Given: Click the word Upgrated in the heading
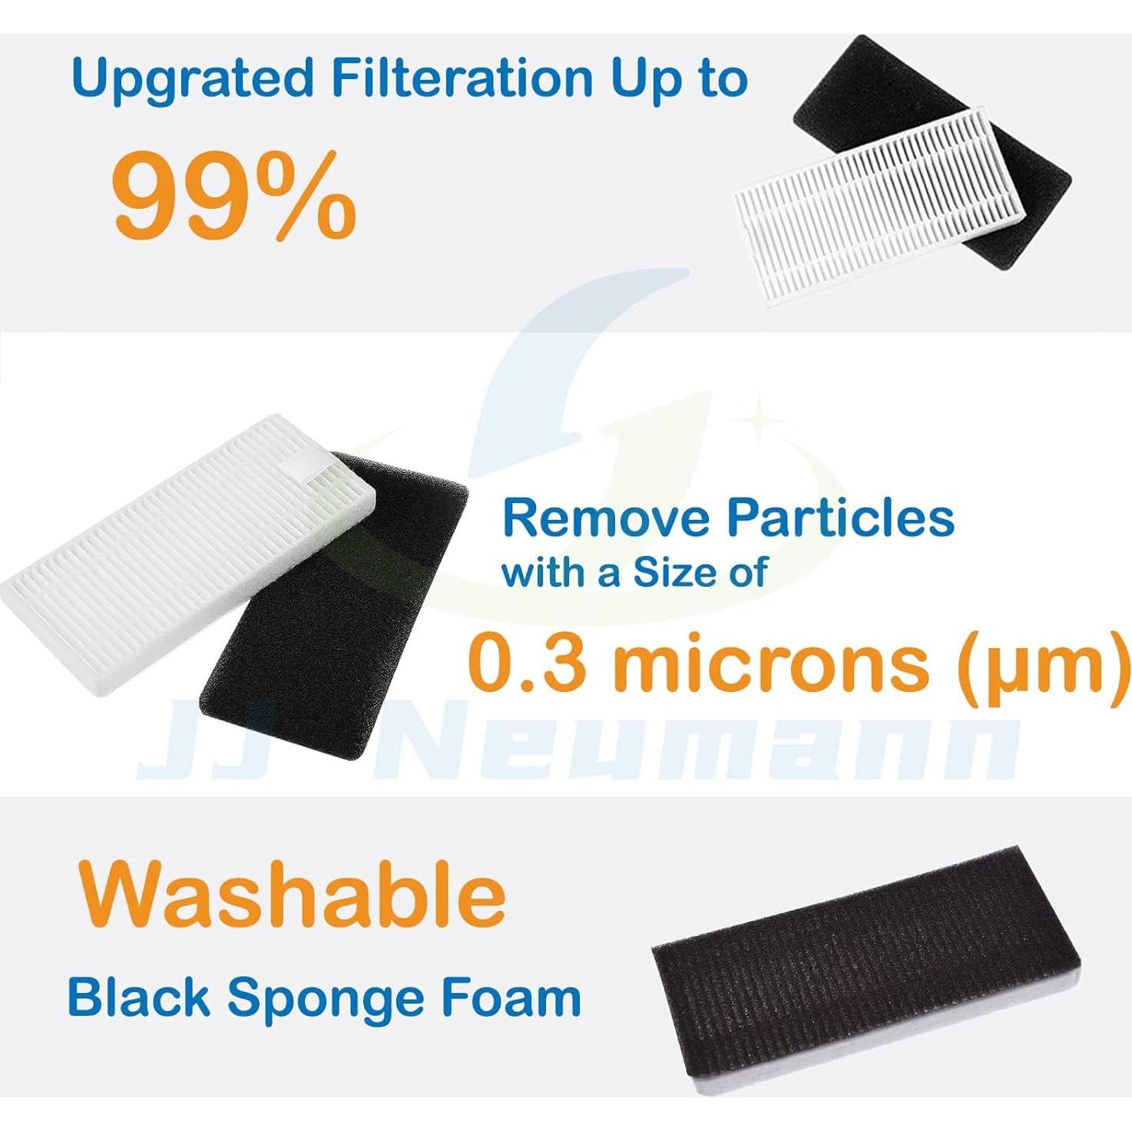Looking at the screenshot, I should [192, 80].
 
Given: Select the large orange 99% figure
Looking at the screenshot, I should [234, 195].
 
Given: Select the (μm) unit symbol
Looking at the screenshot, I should [1042, 664].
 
